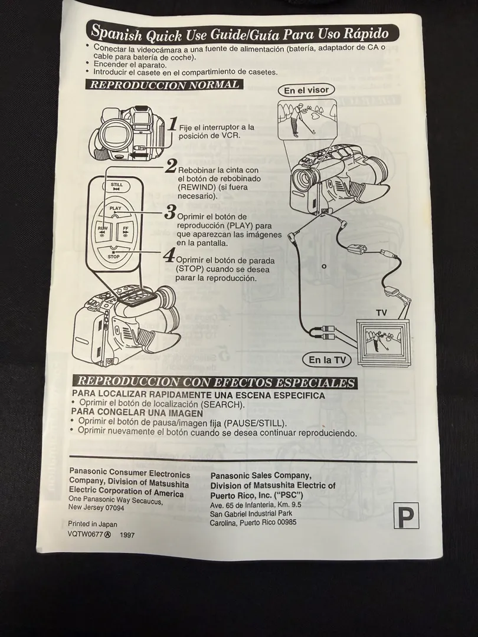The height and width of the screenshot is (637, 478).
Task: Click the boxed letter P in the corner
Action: (406, 515)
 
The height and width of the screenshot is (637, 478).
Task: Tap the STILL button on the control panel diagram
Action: (117, 186)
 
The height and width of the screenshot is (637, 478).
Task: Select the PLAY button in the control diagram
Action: (115, 210)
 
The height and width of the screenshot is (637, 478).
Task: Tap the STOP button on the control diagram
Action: (114, 255)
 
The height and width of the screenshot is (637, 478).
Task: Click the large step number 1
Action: (173, 124)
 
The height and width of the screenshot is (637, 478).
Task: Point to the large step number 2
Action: (171, 167)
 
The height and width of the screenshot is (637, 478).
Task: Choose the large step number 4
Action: (169, 255)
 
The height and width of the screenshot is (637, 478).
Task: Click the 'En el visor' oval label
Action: (306, 90)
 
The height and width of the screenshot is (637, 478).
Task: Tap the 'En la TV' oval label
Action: (326, 359)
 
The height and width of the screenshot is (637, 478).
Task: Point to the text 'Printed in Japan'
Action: (93, 524)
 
